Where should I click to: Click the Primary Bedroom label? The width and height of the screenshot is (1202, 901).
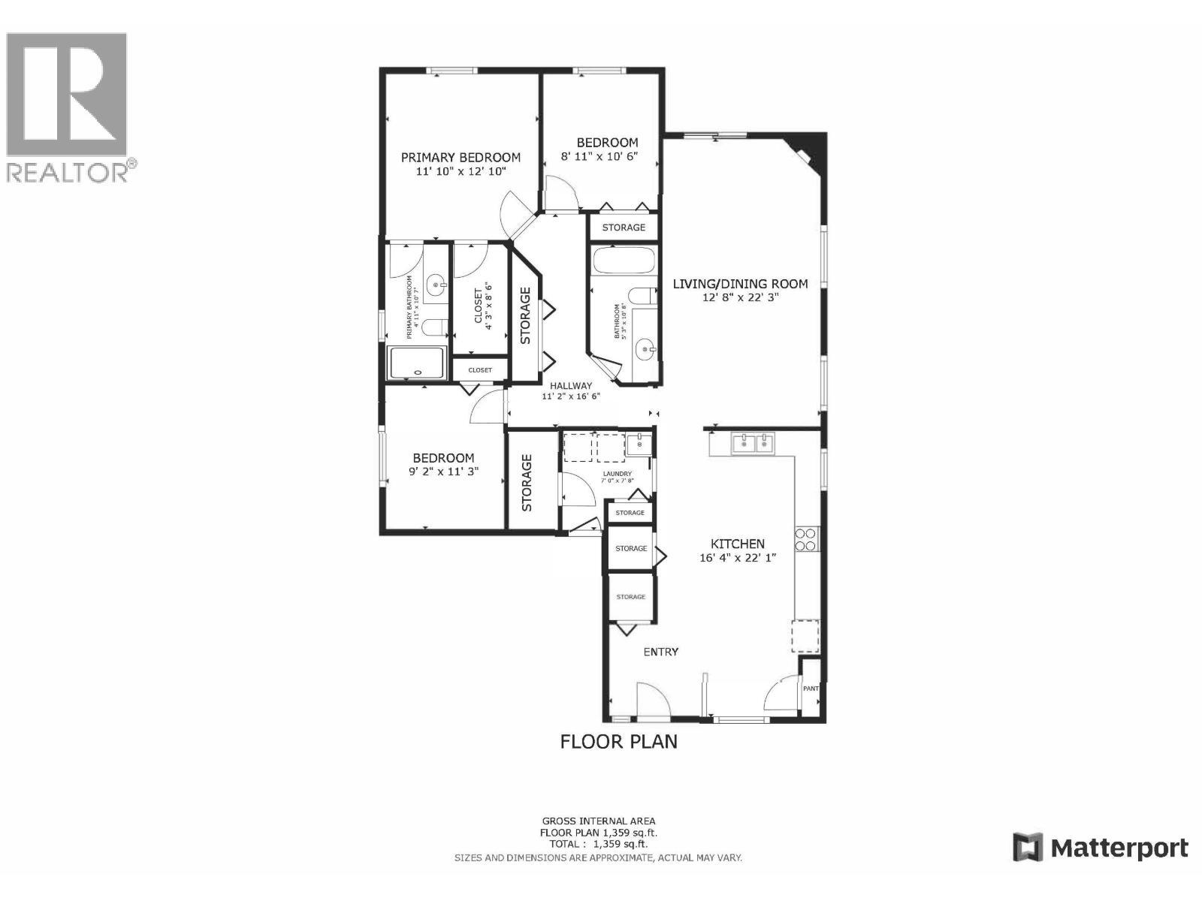pyautogui.click(x=460, y=158)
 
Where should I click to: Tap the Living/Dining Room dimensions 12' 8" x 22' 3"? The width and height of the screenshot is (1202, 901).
pyautogui.click(x=740, y=297)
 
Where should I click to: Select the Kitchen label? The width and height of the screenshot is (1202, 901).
pyautogui.click(x=738, y=544)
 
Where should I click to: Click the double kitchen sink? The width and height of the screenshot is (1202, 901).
pyautogui.click(x=753, y=444)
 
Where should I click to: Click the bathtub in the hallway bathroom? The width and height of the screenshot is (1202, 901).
pyautogui.click(x=623, y=261)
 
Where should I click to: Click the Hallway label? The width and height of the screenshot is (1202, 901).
pyautogui.click(x=571, y=386)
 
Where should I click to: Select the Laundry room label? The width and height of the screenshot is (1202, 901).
pyautogui.click(x=618, y=474)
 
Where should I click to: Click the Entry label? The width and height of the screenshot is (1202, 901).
pyautogui.click(x=661, y=652)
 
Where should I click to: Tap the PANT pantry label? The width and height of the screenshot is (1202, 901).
pyautogui.click(x=811, y=688)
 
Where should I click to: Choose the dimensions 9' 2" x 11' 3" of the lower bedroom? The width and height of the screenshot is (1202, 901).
pyautogui.click(x=443, y=472)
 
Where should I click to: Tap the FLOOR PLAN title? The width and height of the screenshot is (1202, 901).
pyautogui.click(x=618, y=742)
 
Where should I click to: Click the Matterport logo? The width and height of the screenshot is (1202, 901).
pyautogui.click(x=1101, y=848)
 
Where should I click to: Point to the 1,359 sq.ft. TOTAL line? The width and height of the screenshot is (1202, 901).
pyautogui.click(x=598, y=844)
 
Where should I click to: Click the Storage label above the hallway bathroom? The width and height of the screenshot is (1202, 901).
pyautogui.click(x=623, y=227)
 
